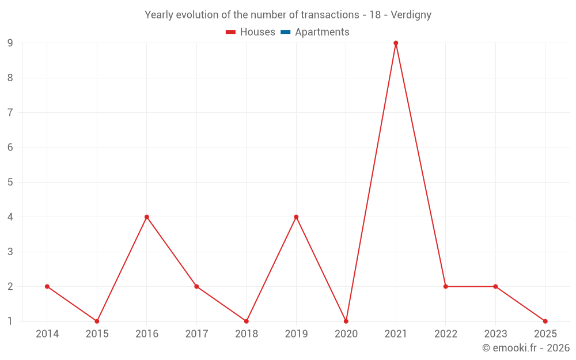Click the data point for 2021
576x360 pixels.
[x=396, y=43]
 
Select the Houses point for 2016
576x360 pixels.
[x=147, y=217]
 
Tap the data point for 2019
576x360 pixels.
[x=296, y=217]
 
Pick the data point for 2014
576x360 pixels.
[x=47, y=286]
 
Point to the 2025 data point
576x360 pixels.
[x=545, y=321]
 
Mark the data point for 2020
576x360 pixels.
[x=346, y=321]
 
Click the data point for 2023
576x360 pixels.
[x=495, y=286]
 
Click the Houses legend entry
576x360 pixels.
[x=251, y=32]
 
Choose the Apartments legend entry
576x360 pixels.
[x=315, y=32]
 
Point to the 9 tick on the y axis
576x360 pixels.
[x=10, y=43]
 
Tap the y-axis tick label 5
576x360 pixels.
[x=10, y=182]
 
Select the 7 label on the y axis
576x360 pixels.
[x=10, y=112]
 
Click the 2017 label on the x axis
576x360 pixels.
[x=196, y=334]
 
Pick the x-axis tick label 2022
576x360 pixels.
[x=446, y=334]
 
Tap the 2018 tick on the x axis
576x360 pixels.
[x=247, y=334]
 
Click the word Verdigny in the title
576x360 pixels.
[x=411, y=15]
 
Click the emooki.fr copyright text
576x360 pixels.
[x=526, y=348]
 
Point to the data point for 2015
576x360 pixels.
[x=97, y=321]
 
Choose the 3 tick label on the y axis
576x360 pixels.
[x=10, y=252]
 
